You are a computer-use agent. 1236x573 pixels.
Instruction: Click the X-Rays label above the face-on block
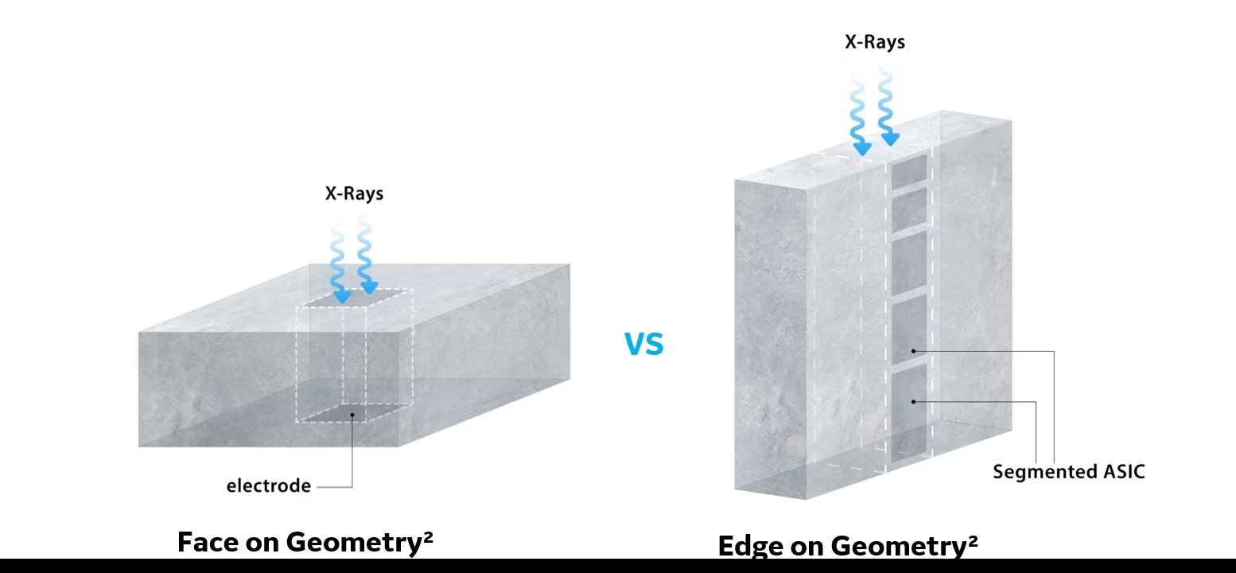[354, 193]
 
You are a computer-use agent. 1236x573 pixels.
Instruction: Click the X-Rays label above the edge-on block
[875, 42]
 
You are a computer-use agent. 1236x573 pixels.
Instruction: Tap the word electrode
[269, 485]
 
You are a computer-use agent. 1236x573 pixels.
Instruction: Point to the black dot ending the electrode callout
[352, 415]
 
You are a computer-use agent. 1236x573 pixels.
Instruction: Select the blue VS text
[644, 344]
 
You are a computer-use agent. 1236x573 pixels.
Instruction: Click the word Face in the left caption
[208, 542]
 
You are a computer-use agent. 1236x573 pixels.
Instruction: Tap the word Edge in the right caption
[751, 545]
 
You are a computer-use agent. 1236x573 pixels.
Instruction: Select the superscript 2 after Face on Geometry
[428, 535]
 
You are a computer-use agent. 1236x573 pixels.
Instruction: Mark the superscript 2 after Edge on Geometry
[973, 539]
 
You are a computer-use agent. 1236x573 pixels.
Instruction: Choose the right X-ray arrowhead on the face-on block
[369, 287]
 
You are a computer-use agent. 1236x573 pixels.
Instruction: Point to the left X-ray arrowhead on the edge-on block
[862, 148]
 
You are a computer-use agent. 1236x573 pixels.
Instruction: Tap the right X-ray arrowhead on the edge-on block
[890, 139]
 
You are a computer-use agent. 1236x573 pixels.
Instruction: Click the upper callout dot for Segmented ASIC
[913, 351]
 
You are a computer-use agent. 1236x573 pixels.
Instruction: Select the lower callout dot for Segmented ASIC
[913, 402]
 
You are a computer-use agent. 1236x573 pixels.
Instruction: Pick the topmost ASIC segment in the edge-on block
[909, 172]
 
